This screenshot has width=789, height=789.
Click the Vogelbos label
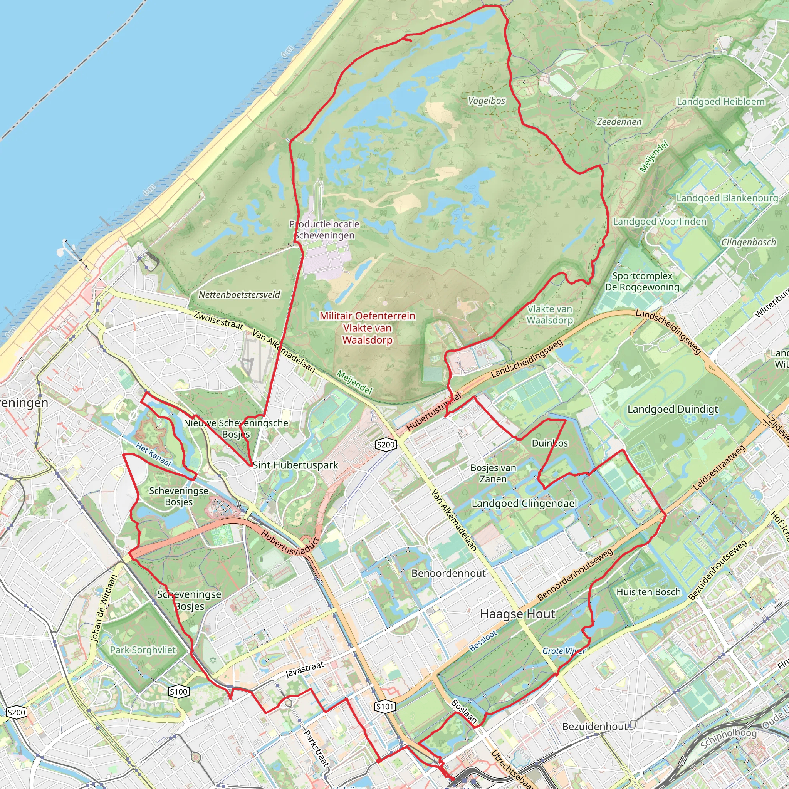[487, 101]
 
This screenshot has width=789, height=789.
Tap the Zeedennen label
[619, 122]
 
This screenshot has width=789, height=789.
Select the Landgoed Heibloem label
[721, 102]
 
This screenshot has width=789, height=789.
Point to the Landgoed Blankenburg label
[727, 198]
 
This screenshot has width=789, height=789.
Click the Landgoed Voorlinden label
[660, 222]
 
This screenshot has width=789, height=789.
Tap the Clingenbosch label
[748, 243]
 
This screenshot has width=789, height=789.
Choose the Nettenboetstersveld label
[239, 295]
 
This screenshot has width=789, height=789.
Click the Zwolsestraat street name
[218, 321]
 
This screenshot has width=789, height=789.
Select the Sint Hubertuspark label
[295, 465]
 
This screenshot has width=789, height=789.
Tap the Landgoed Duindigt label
[673, 410]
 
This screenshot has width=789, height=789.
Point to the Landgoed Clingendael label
[524, 504]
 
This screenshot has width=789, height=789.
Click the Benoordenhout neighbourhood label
[448, 573]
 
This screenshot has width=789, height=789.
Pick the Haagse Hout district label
[517, 614]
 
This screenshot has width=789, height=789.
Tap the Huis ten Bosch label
[648, 592]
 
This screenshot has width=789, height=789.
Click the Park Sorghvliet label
[143, 650]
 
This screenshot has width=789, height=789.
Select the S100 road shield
[178, 692]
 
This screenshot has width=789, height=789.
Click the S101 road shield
[385, 707]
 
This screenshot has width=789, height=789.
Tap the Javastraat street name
[305, 670]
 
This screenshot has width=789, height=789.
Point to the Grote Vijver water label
[564, 651]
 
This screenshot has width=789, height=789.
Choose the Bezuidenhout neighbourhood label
[594, 727]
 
